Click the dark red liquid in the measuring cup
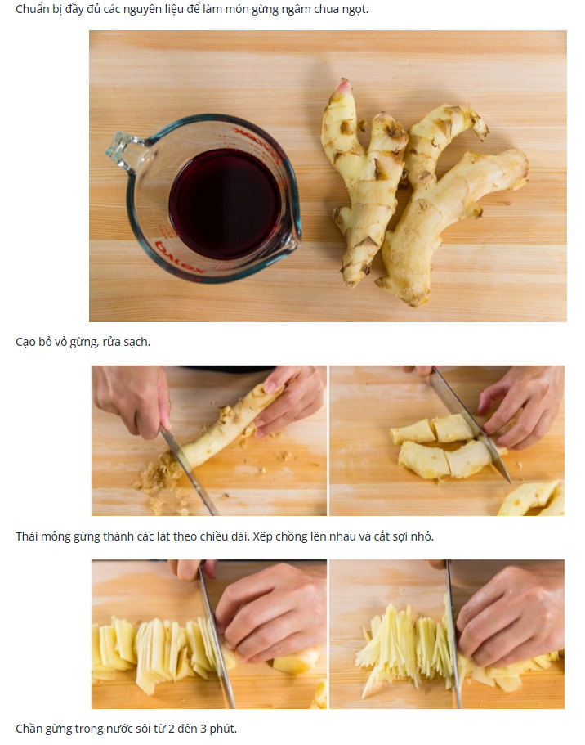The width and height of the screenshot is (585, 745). click(x=225, y=204)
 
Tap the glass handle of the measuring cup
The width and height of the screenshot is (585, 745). click(x=124, y=151)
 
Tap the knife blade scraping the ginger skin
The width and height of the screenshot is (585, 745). click(x=189, y=470)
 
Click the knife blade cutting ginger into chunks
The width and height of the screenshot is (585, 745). click(x=469, y=424)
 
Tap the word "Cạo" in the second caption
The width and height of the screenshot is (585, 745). click(x=25, y=342)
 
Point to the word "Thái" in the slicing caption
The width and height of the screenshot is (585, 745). click(x=26, y=536)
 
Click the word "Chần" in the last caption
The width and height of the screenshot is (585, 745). click(x=28, y=729)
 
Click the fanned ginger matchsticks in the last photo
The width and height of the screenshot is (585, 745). click(x=404, y=641)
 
